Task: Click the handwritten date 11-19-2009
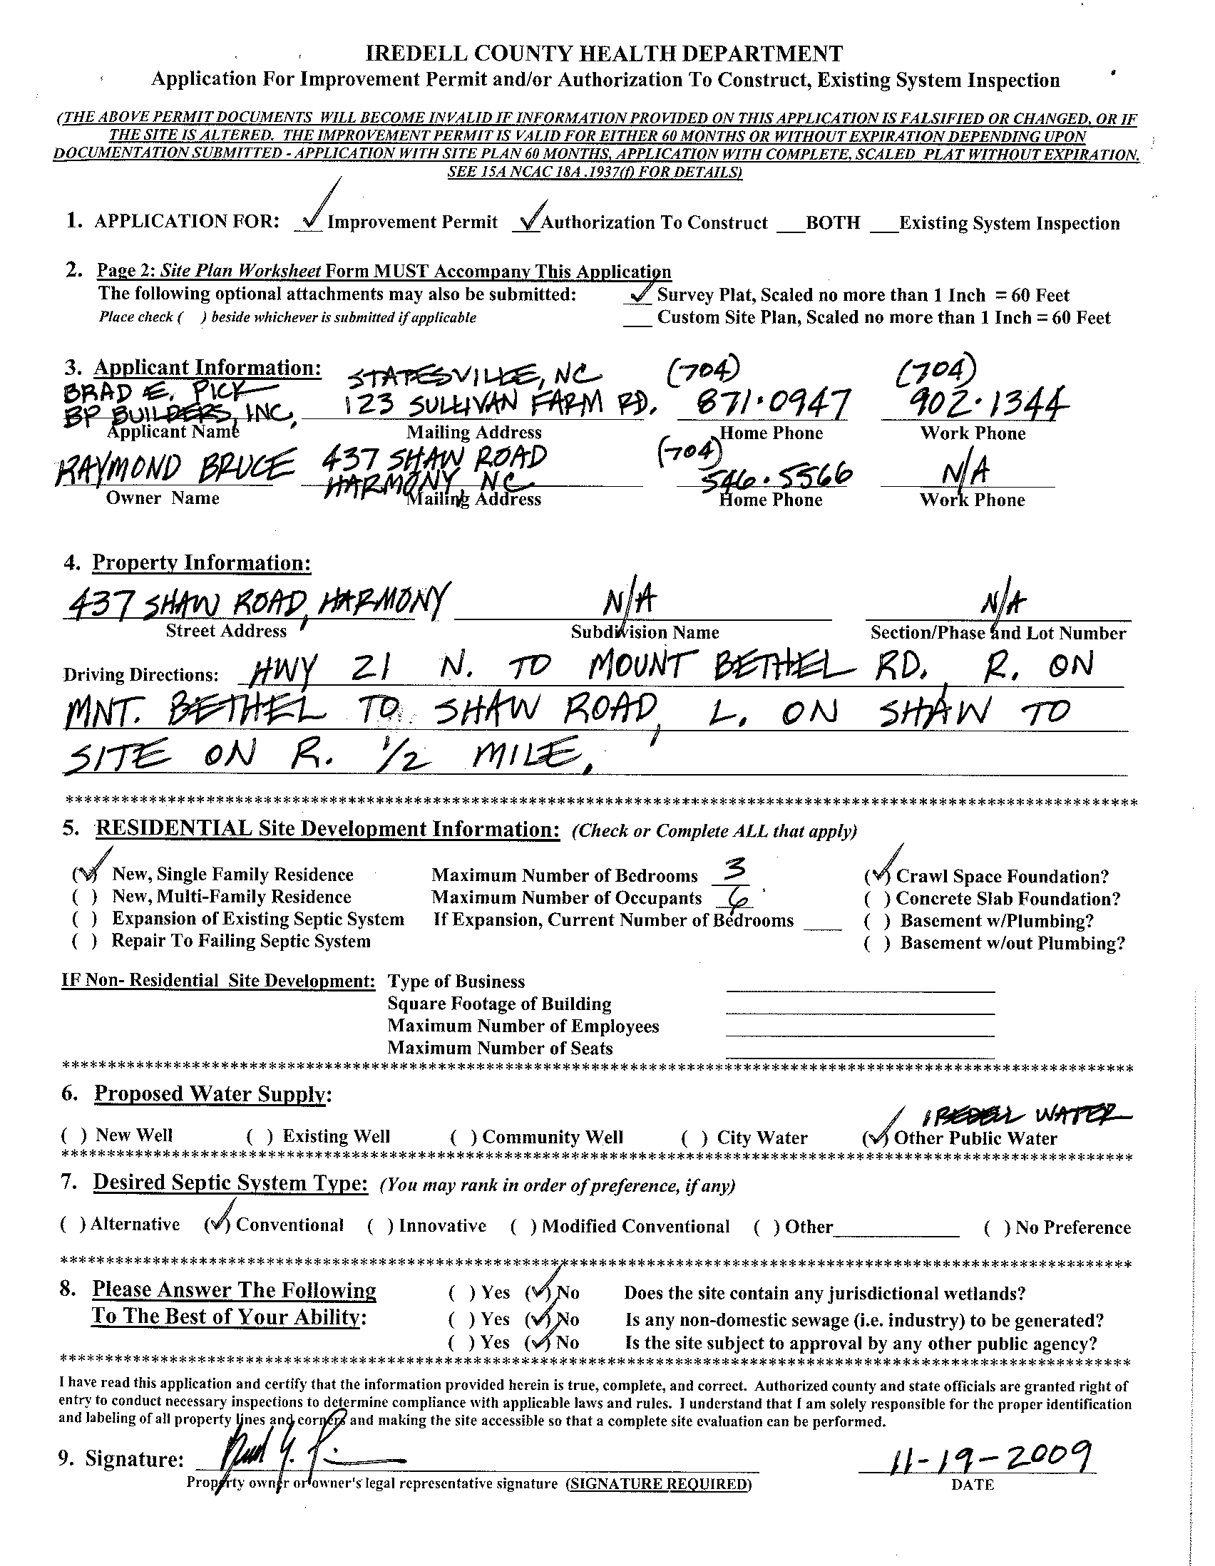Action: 978,1456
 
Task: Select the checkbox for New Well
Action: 74,1135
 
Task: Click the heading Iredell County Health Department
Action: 604,53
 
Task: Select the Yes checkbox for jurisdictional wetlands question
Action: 463,1294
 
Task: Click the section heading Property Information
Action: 201,563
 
